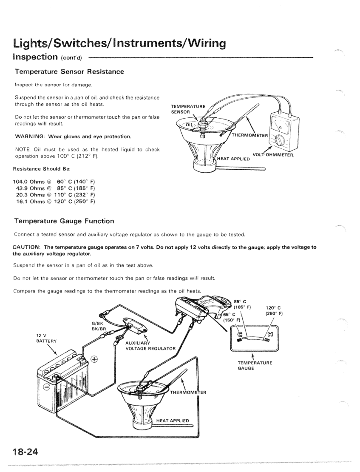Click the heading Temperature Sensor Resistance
(x=69, y=71)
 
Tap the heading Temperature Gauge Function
(x=64, y=221)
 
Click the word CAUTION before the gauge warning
(x=27, y=247)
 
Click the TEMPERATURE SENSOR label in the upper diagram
(x=187, y=108)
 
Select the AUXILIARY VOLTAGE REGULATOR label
(x=150, y=345)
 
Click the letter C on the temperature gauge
(x=245, y=334)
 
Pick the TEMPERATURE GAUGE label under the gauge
(x=255, y=365)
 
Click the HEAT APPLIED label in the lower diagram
(x=173, y=421)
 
